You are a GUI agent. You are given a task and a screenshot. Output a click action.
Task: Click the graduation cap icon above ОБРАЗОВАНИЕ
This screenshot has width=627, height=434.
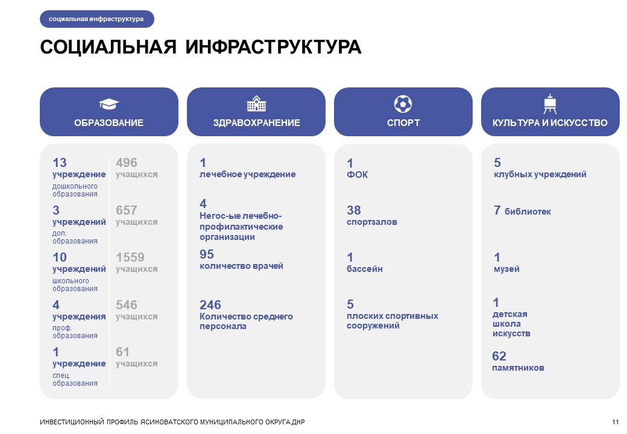click(x=109, y=104)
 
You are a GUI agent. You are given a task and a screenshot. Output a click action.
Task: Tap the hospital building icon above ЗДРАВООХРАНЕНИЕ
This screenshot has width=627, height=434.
click(x=256, y=104)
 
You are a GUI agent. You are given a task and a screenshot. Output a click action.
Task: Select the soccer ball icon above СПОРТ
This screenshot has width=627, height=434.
click(x=403, y=104)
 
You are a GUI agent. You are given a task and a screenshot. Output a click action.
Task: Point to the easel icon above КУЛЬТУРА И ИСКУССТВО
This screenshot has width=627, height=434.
click(x=550, y=104)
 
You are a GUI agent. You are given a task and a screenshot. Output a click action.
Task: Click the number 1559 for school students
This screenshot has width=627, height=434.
click(x=130, y=257)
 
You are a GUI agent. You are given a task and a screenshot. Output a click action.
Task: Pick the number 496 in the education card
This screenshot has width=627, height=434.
click(x=127, y=163)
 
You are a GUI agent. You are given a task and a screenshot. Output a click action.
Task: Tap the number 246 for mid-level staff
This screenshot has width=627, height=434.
click(x=210, y=305)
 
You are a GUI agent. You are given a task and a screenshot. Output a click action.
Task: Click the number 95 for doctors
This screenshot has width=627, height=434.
click(x=207, y=254)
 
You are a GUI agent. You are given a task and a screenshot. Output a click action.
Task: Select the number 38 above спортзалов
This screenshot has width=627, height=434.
click(x=354, y=210)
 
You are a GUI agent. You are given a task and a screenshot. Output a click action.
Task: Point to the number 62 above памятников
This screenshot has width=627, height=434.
click(x=499, y=356)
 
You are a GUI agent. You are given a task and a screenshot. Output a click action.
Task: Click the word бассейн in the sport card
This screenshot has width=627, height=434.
click(x=365, y=269)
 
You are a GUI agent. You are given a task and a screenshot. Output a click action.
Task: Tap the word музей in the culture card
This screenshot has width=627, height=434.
click(x=506, y=269)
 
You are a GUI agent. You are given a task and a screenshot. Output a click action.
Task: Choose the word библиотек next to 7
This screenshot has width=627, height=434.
click(x=528, y=212)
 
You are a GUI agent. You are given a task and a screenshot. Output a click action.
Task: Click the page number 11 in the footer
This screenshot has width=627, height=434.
click(x=615, y=421)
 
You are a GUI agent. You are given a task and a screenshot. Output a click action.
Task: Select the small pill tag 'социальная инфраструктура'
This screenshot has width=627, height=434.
click(x=96, y=19)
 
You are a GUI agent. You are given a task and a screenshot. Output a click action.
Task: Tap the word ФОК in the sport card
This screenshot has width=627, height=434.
click(x=357, y=175)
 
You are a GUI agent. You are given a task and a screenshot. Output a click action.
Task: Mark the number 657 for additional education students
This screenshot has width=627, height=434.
click(x=127, y=210)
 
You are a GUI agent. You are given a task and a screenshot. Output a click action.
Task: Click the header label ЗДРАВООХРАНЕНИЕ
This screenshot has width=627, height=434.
click(x=256, y=123)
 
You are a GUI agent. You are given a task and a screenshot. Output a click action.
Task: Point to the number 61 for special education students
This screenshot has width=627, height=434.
click(x=122, y=352)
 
